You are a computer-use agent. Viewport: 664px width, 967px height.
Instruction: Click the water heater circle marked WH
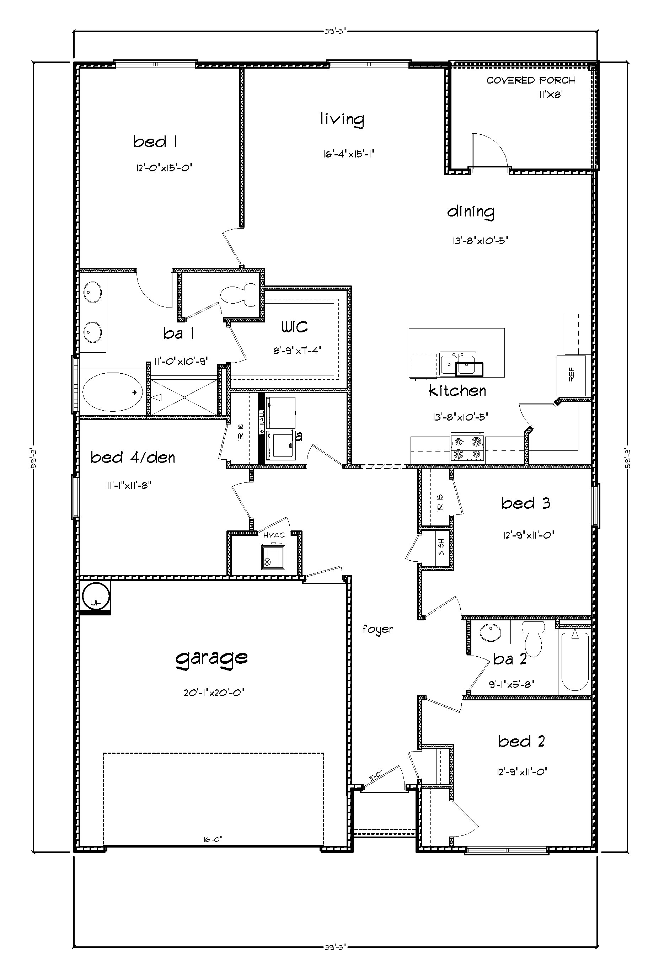95,598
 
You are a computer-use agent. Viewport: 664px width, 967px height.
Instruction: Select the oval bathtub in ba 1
112,392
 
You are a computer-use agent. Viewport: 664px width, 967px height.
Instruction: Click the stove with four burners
467,448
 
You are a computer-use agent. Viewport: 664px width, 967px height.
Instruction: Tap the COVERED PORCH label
530,80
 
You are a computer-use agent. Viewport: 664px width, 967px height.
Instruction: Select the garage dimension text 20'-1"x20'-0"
213,693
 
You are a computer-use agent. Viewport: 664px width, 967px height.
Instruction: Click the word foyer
377,629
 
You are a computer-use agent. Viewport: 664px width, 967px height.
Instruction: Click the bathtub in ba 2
574,662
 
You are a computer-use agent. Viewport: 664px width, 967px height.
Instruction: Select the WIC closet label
295,327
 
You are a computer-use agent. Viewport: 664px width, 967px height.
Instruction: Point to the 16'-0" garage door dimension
213,839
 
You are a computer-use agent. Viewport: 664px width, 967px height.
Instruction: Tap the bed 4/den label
133,458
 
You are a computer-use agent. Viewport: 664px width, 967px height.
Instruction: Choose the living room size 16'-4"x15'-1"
349,154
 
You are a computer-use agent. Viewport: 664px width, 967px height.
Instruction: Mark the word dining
471,212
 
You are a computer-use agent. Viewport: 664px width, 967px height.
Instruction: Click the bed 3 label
525,503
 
